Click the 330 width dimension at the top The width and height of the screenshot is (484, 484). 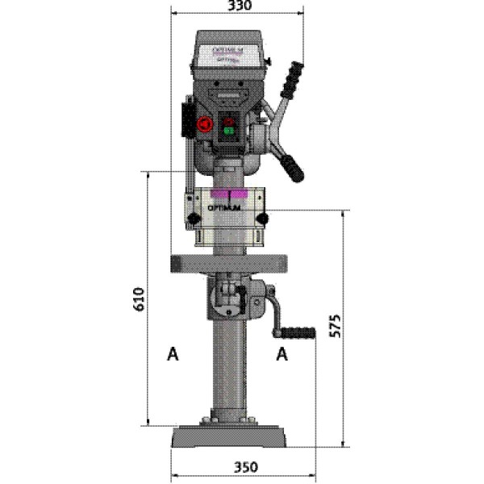(x=240, y=6)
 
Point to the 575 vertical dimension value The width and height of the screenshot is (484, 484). (x=337, y=324)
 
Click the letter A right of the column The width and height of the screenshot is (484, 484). (x=282, y=353)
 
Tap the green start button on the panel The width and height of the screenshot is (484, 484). (x=228, y=131)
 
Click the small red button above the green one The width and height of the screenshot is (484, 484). (x=228, y=121)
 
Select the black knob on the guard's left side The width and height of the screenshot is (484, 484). (x=194, y=219)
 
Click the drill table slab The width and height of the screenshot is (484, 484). (x=229, y=262)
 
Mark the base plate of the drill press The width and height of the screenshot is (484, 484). (x=229, y=437)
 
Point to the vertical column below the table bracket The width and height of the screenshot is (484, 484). (x=229, y=371)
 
